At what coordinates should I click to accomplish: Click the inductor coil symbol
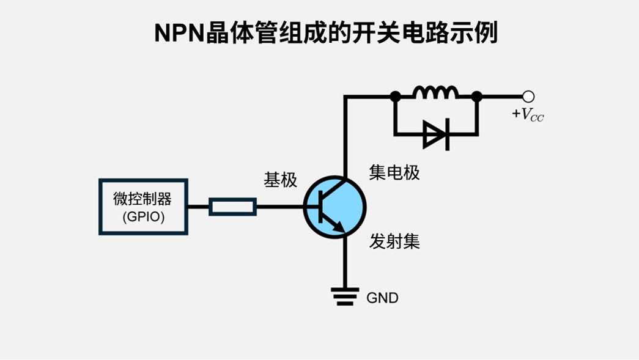tap(435, 93)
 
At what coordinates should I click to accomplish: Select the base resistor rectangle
tap(232, 207)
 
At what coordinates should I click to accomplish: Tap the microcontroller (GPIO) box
tap(143, 207)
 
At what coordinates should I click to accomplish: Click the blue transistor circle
tap(334, 207)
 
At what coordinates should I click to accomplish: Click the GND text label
tap(382, 298)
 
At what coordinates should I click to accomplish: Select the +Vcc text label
tap(527, 114)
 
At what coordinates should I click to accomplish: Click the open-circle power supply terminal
tap(529, 96)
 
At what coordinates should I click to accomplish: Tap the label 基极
tap(280, 180)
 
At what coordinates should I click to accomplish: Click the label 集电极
tap(394, 173)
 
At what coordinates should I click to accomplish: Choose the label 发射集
tap(394, 242)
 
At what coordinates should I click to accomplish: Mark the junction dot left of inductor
tap(396, 96)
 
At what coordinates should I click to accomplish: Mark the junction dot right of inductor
tap(477, 96)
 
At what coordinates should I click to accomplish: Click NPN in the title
tap(179, 33)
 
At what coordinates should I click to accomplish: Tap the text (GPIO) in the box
tap(143, 216)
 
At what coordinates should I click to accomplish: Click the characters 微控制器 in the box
tap(142, 199)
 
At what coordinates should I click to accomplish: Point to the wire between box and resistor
tap(198, 207)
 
